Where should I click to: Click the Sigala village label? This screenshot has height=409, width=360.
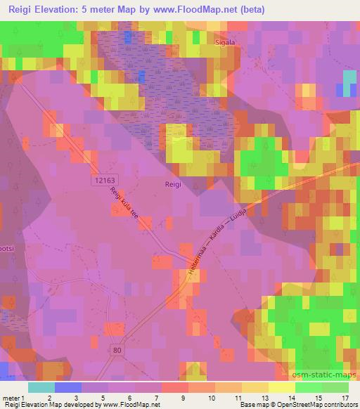(x=225, y=42)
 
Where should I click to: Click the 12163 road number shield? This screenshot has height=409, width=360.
(x=103, y=181)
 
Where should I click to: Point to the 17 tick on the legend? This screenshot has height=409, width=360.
(x=345, y=398)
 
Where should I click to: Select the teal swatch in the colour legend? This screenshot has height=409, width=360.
(x=41, y=387)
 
